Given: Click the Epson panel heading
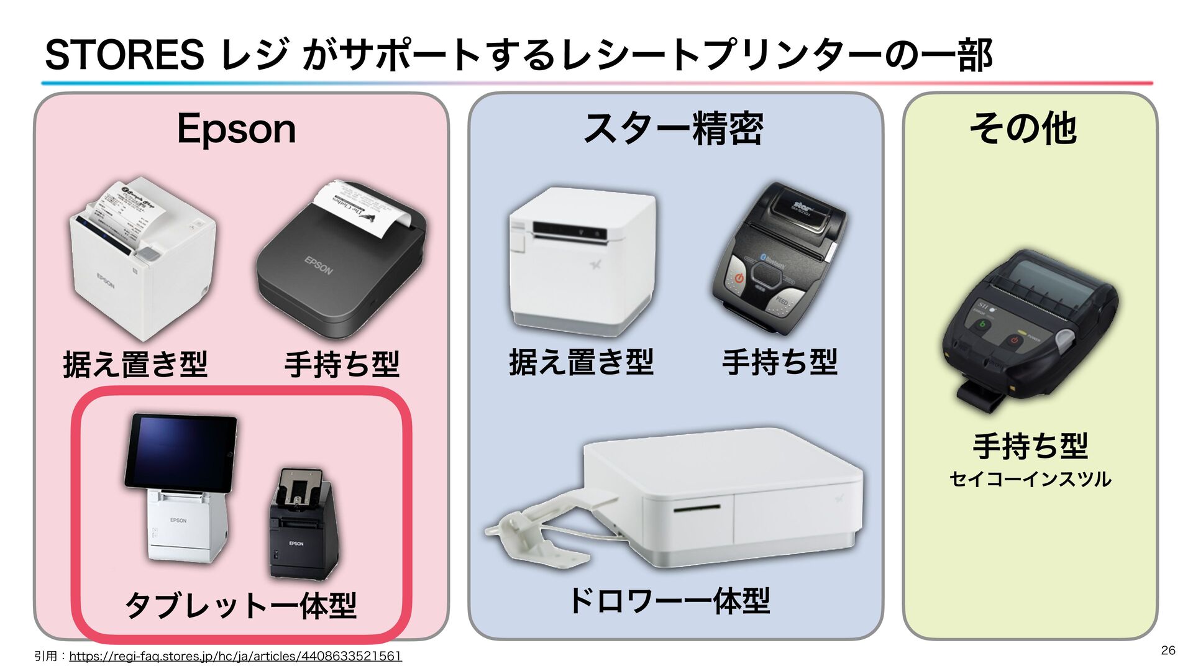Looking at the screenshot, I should click(236, 129).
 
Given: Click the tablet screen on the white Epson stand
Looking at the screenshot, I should click(180, 451).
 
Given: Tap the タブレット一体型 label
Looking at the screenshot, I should click(240, 605).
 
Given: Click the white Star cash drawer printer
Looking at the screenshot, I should click(721, 497).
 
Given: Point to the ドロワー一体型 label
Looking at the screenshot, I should click(669, 601).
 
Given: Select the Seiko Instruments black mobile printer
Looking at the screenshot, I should click(1029, 329).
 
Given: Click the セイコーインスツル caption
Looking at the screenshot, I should click(1030, 479).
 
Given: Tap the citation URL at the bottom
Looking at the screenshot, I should click(235, 656).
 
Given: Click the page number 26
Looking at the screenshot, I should click(1168, 650).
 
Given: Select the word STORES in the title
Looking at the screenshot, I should click(124, 55).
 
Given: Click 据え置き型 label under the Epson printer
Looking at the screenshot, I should click(135, 364).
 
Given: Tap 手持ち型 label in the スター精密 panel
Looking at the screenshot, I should click(780, 362).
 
